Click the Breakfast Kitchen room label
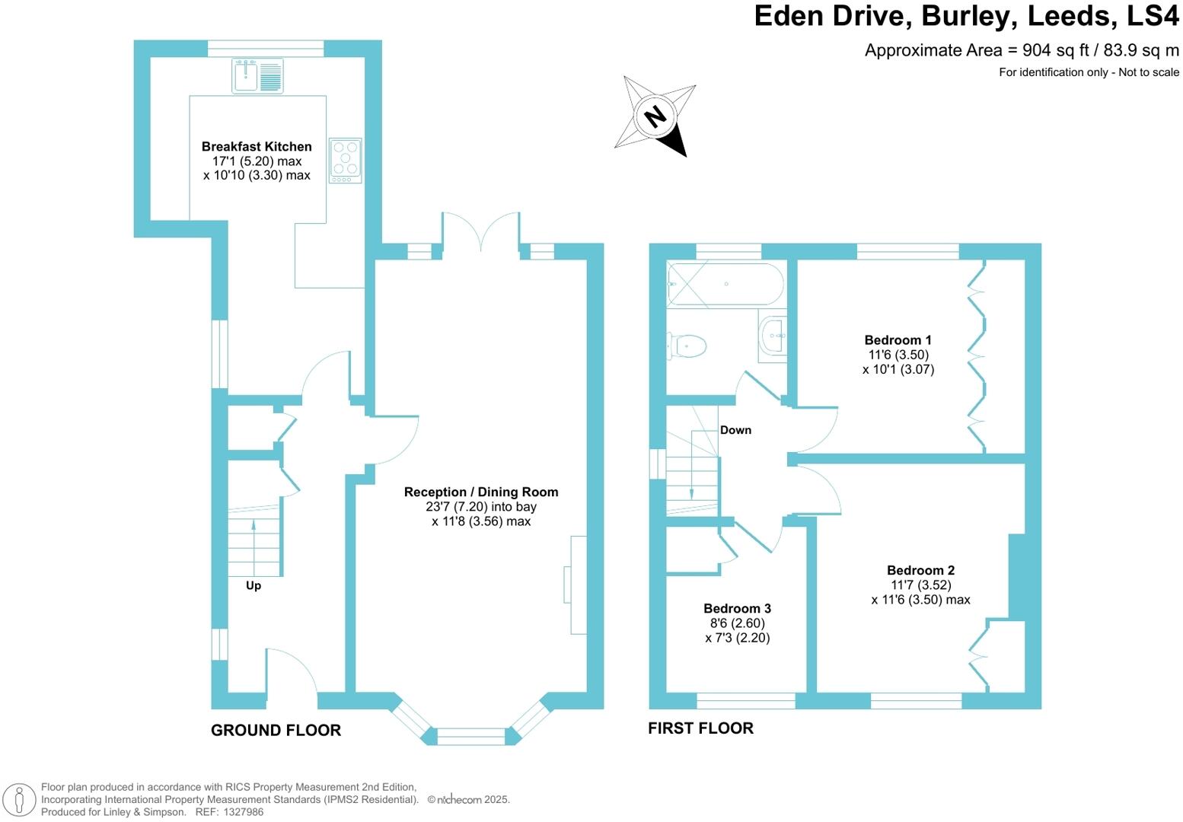257,146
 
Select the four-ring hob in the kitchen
345,160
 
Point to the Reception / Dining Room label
481,492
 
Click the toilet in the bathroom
687,346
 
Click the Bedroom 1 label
898,340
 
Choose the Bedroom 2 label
920,570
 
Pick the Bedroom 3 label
737,608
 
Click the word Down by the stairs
735,430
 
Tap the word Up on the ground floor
253,585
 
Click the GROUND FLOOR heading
276,730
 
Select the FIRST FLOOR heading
700,728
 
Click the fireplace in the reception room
576,585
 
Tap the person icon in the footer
21,799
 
